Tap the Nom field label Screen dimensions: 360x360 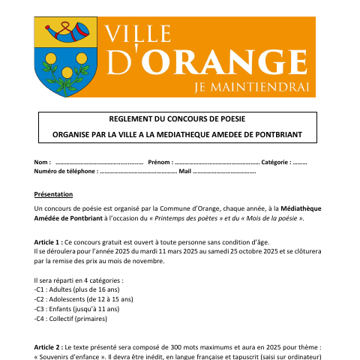pyautogui.click(x=42, y=162)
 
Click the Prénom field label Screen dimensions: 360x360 pyautogui.click(x=159, y=162)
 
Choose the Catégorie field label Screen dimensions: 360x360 pyautogui.click(x=274, y=162)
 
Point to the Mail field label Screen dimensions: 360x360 pyautogui.click(x=185, y=172)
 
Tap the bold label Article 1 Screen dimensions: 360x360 pyautogui.click(x=48, y=243)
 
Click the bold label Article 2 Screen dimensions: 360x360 pyautogui.click(x=48, y=348)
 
